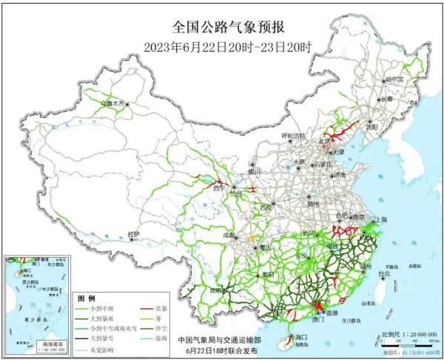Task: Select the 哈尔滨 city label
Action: click(x=394, y=79)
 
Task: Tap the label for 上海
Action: click(x=381, y=219)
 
